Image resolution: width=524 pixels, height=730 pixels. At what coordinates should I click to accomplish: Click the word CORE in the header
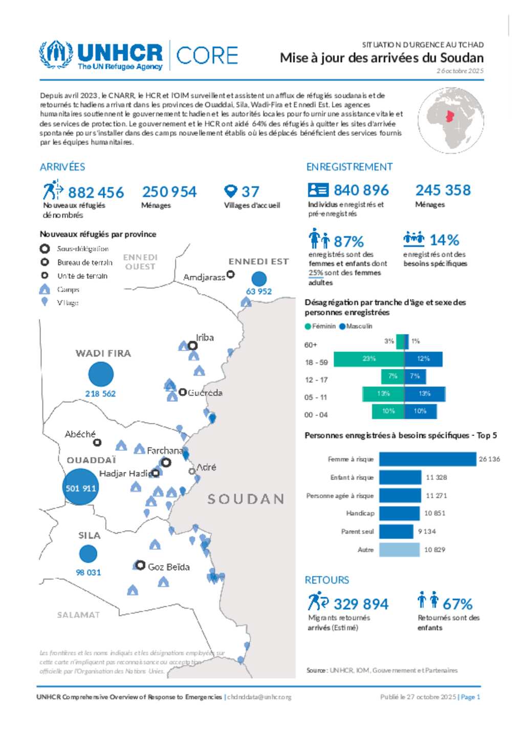point(207,55)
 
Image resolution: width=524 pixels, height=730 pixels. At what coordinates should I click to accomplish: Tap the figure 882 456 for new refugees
point(96,193)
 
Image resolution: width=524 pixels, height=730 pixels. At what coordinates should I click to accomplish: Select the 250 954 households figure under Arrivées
point(169,192)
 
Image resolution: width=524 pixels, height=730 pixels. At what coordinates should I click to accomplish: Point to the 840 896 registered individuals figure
point(361,191)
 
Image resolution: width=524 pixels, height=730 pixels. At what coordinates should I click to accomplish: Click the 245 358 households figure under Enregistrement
point(443,191)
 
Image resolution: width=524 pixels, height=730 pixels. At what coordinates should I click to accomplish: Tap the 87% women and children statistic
point(348,241)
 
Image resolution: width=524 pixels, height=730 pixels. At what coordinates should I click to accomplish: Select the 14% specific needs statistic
point(444,240)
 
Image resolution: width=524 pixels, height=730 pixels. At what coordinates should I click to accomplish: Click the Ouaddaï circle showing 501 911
point(80,488)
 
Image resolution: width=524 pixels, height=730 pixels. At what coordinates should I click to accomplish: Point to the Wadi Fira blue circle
point(101,374)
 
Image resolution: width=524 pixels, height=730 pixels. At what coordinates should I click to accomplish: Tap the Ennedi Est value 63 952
point(259,291)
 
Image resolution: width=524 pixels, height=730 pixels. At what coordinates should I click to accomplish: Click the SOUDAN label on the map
point(246,499)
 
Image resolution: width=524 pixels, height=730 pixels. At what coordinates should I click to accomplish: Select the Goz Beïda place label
point(168,567)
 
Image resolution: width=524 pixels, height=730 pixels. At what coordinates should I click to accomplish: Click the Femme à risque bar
point(427,459)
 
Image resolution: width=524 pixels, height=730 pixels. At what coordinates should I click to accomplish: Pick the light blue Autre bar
point(399,550)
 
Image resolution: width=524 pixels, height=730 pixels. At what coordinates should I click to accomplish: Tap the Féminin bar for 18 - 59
point(368,359)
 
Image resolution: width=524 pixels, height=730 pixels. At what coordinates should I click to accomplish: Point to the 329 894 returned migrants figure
point(361,604)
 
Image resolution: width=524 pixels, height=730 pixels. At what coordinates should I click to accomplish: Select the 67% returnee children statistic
point(457,604)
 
